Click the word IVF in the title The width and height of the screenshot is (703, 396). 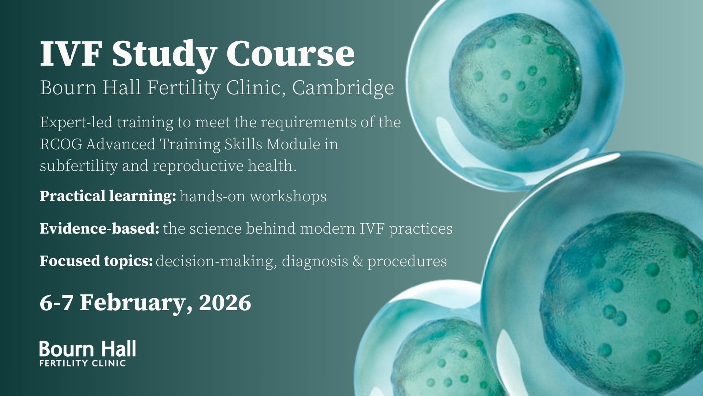[70, 54]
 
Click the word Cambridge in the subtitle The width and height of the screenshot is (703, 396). [343, 88]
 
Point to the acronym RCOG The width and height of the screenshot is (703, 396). [61, 144]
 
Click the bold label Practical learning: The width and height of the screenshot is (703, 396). [108, 196]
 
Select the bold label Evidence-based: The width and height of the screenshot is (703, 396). [99, 228]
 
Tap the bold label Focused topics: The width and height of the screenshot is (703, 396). [96, 261]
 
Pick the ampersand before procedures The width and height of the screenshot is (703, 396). [358, 261]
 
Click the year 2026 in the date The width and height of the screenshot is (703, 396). [225, 303]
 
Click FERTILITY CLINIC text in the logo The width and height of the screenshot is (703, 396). [83, 363]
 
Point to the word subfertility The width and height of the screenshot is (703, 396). [78, 166]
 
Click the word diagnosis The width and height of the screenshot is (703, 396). [315, 261]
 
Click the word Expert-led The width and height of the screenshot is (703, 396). [76, 122]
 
